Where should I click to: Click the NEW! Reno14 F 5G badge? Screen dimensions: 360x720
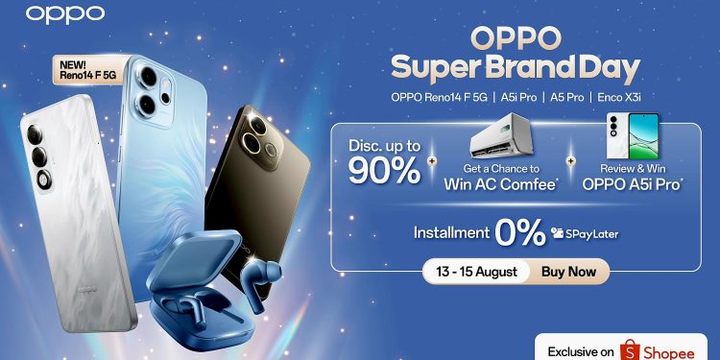point(84,69)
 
